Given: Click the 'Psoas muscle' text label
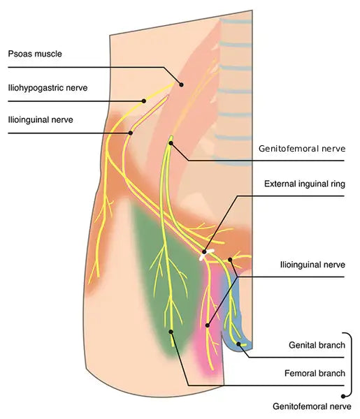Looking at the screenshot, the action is click(x=35, y=54).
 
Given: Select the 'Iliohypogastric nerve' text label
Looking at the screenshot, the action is click(x=48, y=88).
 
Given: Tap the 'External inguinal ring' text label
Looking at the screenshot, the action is click(x=305, y=184).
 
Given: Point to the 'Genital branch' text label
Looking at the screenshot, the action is click(x=317, y=345).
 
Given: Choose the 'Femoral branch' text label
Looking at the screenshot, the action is click(x=315, y=373).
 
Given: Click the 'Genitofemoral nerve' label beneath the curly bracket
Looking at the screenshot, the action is click(x=312, y=406).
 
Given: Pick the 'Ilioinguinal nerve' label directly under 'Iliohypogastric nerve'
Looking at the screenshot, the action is click(x=41, y=119).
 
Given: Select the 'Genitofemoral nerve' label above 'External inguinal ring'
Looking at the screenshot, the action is click(x=302, y=148).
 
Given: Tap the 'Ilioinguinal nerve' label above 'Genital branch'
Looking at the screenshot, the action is click(x=312, y=265).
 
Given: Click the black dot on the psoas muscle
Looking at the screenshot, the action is click(x=181, y=84).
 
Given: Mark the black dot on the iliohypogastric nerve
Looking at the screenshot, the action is click(x=144, y=101).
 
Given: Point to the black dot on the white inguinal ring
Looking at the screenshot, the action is click(x=204, y=252).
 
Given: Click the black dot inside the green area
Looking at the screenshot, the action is click(x=171, y=332).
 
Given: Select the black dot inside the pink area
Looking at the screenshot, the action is click(x=208, y=325).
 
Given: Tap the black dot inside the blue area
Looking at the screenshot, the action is click(x=238, y=344).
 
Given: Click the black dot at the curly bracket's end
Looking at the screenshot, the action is click(x=343, y=397).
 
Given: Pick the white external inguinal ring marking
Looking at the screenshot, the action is click(x=207, y=254).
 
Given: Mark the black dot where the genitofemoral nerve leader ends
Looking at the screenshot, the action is click(x=171, y=143).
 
